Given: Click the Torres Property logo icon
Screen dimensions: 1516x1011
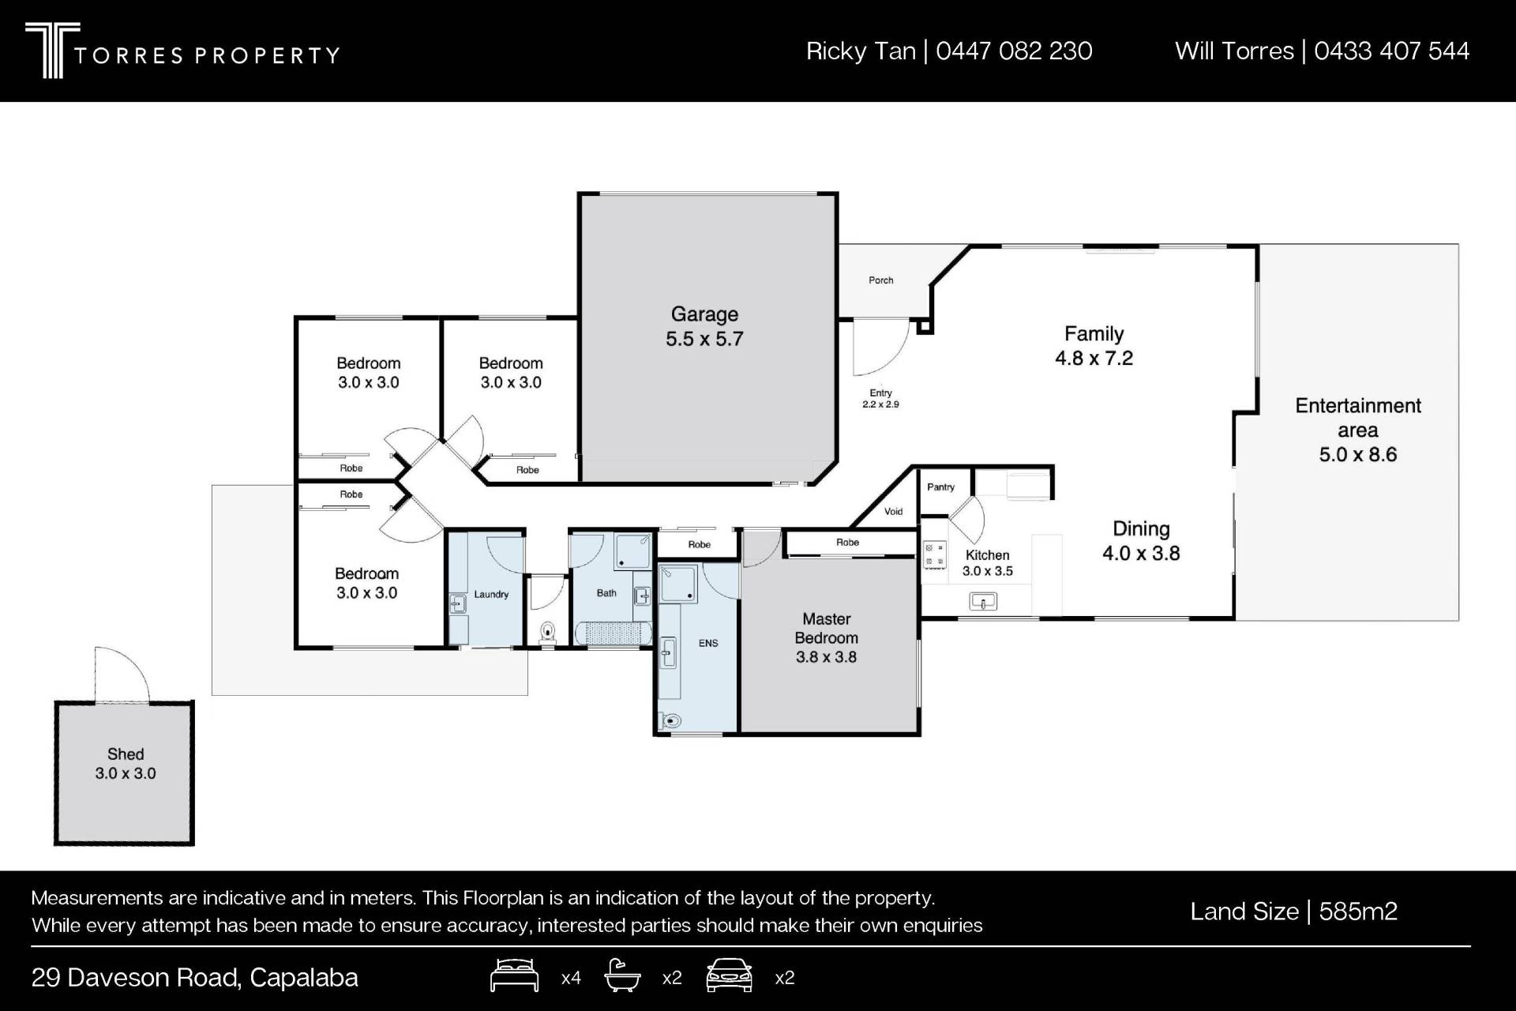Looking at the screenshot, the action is pos(52,50).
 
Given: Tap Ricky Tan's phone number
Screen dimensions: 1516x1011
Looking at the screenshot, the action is pos(1014,51).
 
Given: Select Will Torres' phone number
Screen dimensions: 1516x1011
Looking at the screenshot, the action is pos(1392,51).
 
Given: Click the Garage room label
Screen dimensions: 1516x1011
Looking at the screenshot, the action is pos(704,326).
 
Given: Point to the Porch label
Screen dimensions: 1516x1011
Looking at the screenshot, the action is pos(881,280).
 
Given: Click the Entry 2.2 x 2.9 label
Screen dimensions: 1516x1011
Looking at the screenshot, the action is pos(880,398).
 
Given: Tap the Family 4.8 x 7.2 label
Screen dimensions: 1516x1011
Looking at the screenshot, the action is pos(1094,346).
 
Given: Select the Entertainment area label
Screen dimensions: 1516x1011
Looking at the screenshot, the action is pos(1358,430).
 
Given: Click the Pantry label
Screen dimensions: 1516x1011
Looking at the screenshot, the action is pos(940,487).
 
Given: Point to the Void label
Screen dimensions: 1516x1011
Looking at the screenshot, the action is pos(893,512).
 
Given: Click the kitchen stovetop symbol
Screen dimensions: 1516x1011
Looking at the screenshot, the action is pos(935,554).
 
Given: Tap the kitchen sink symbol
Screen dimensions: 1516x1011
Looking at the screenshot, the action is pos(983,602).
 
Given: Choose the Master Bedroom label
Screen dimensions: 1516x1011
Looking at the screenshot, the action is pos(826,637).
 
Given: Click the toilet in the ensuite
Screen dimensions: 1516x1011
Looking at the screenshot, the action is pos(671,720).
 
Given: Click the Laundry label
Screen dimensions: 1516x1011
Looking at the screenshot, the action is pos(491,595).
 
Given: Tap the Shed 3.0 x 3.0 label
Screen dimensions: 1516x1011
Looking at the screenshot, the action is pos(126,764).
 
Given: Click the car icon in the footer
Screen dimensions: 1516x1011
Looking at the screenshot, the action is pos(730,975).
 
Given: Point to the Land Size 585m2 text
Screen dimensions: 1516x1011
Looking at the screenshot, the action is pos(1293,911).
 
